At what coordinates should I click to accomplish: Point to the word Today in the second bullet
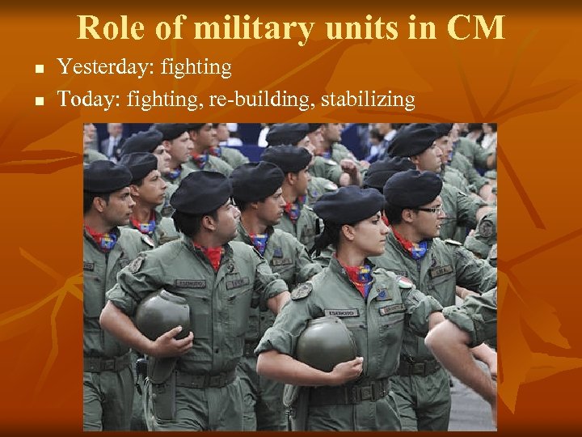tap(86, 100)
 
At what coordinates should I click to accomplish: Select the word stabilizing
tap(368, 100)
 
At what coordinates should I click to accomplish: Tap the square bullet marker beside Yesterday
tap(40, 69)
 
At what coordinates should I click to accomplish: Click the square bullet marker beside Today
tap(40, 101)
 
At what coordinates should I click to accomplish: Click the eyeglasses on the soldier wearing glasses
tap(431, 210)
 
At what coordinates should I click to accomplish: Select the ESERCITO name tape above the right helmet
tap(341, 312)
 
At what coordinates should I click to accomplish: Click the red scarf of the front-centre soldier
tap(213, 255)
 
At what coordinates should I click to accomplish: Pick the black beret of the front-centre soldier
tap(200, 193)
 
